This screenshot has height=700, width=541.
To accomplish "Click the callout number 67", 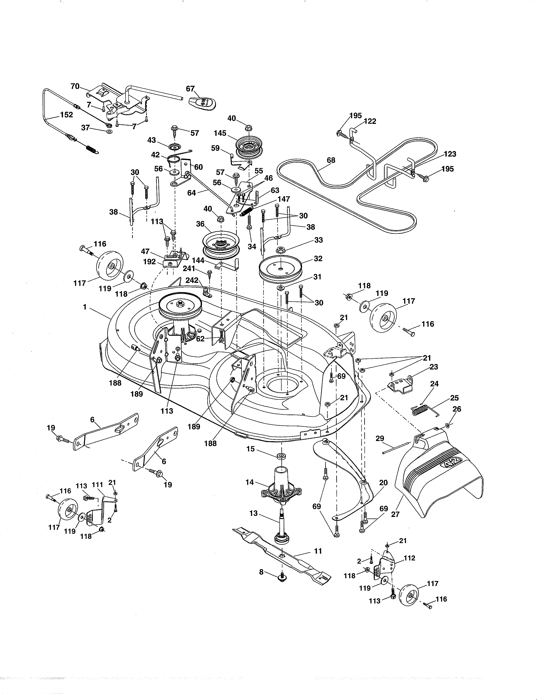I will click(x=190, y=89).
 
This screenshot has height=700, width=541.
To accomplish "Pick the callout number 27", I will click(x=395, y=514).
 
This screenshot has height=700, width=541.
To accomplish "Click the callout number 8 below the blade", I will click(x=261, y=571).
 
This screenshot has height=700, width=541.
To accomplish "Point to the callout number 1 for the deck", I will click(x=85, y=307).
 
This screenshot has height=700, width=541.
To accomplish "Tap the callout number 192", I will click(x=149, y=262).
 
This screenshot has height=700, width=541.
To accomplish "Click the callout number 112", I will click(x=410, y=558).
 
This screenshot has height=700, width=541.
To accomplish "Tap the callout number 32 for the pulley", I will click(x=318, y=258).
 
